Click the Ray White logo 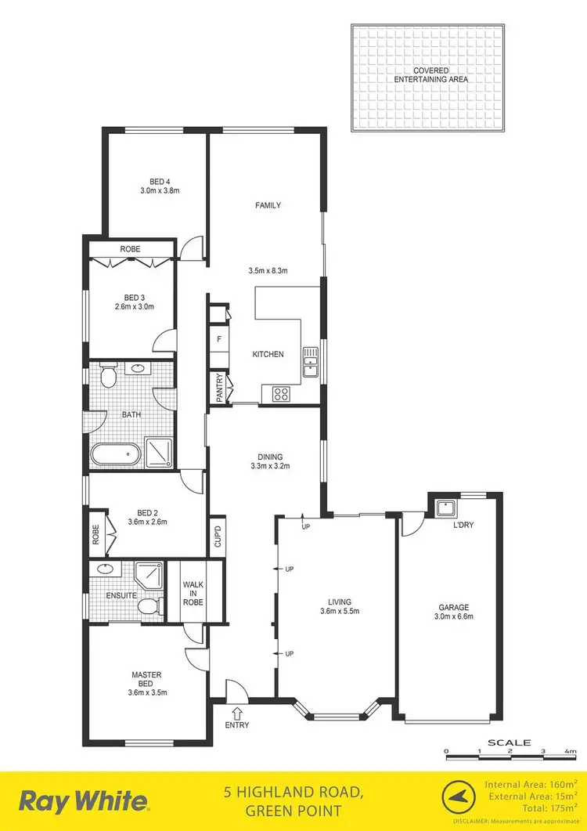84,801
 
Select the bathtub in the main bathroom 114,455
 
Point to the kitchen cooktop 281,394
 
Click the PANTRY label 219,388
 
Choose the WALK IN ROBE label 193,593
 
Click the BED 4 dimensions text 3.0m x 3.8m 160,190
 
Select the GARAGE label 448,606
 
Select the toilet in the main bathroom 110,378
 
